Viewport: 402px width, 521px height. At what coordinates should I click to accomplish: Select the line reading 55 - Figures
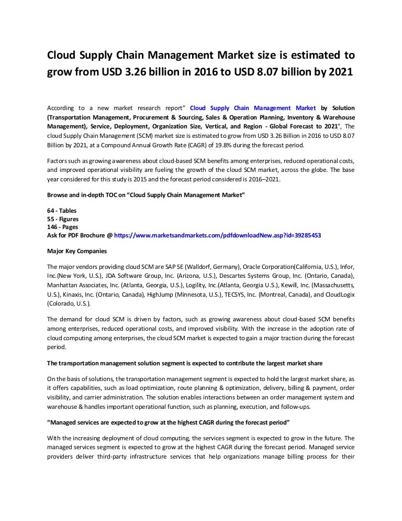pos(64,219)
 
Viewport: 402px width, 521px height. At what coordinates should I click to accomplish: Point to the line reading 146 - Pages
pos(63,227)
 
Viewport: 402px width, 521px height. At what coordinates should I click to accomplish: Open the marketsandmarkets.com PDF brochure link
pos(217,236)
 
